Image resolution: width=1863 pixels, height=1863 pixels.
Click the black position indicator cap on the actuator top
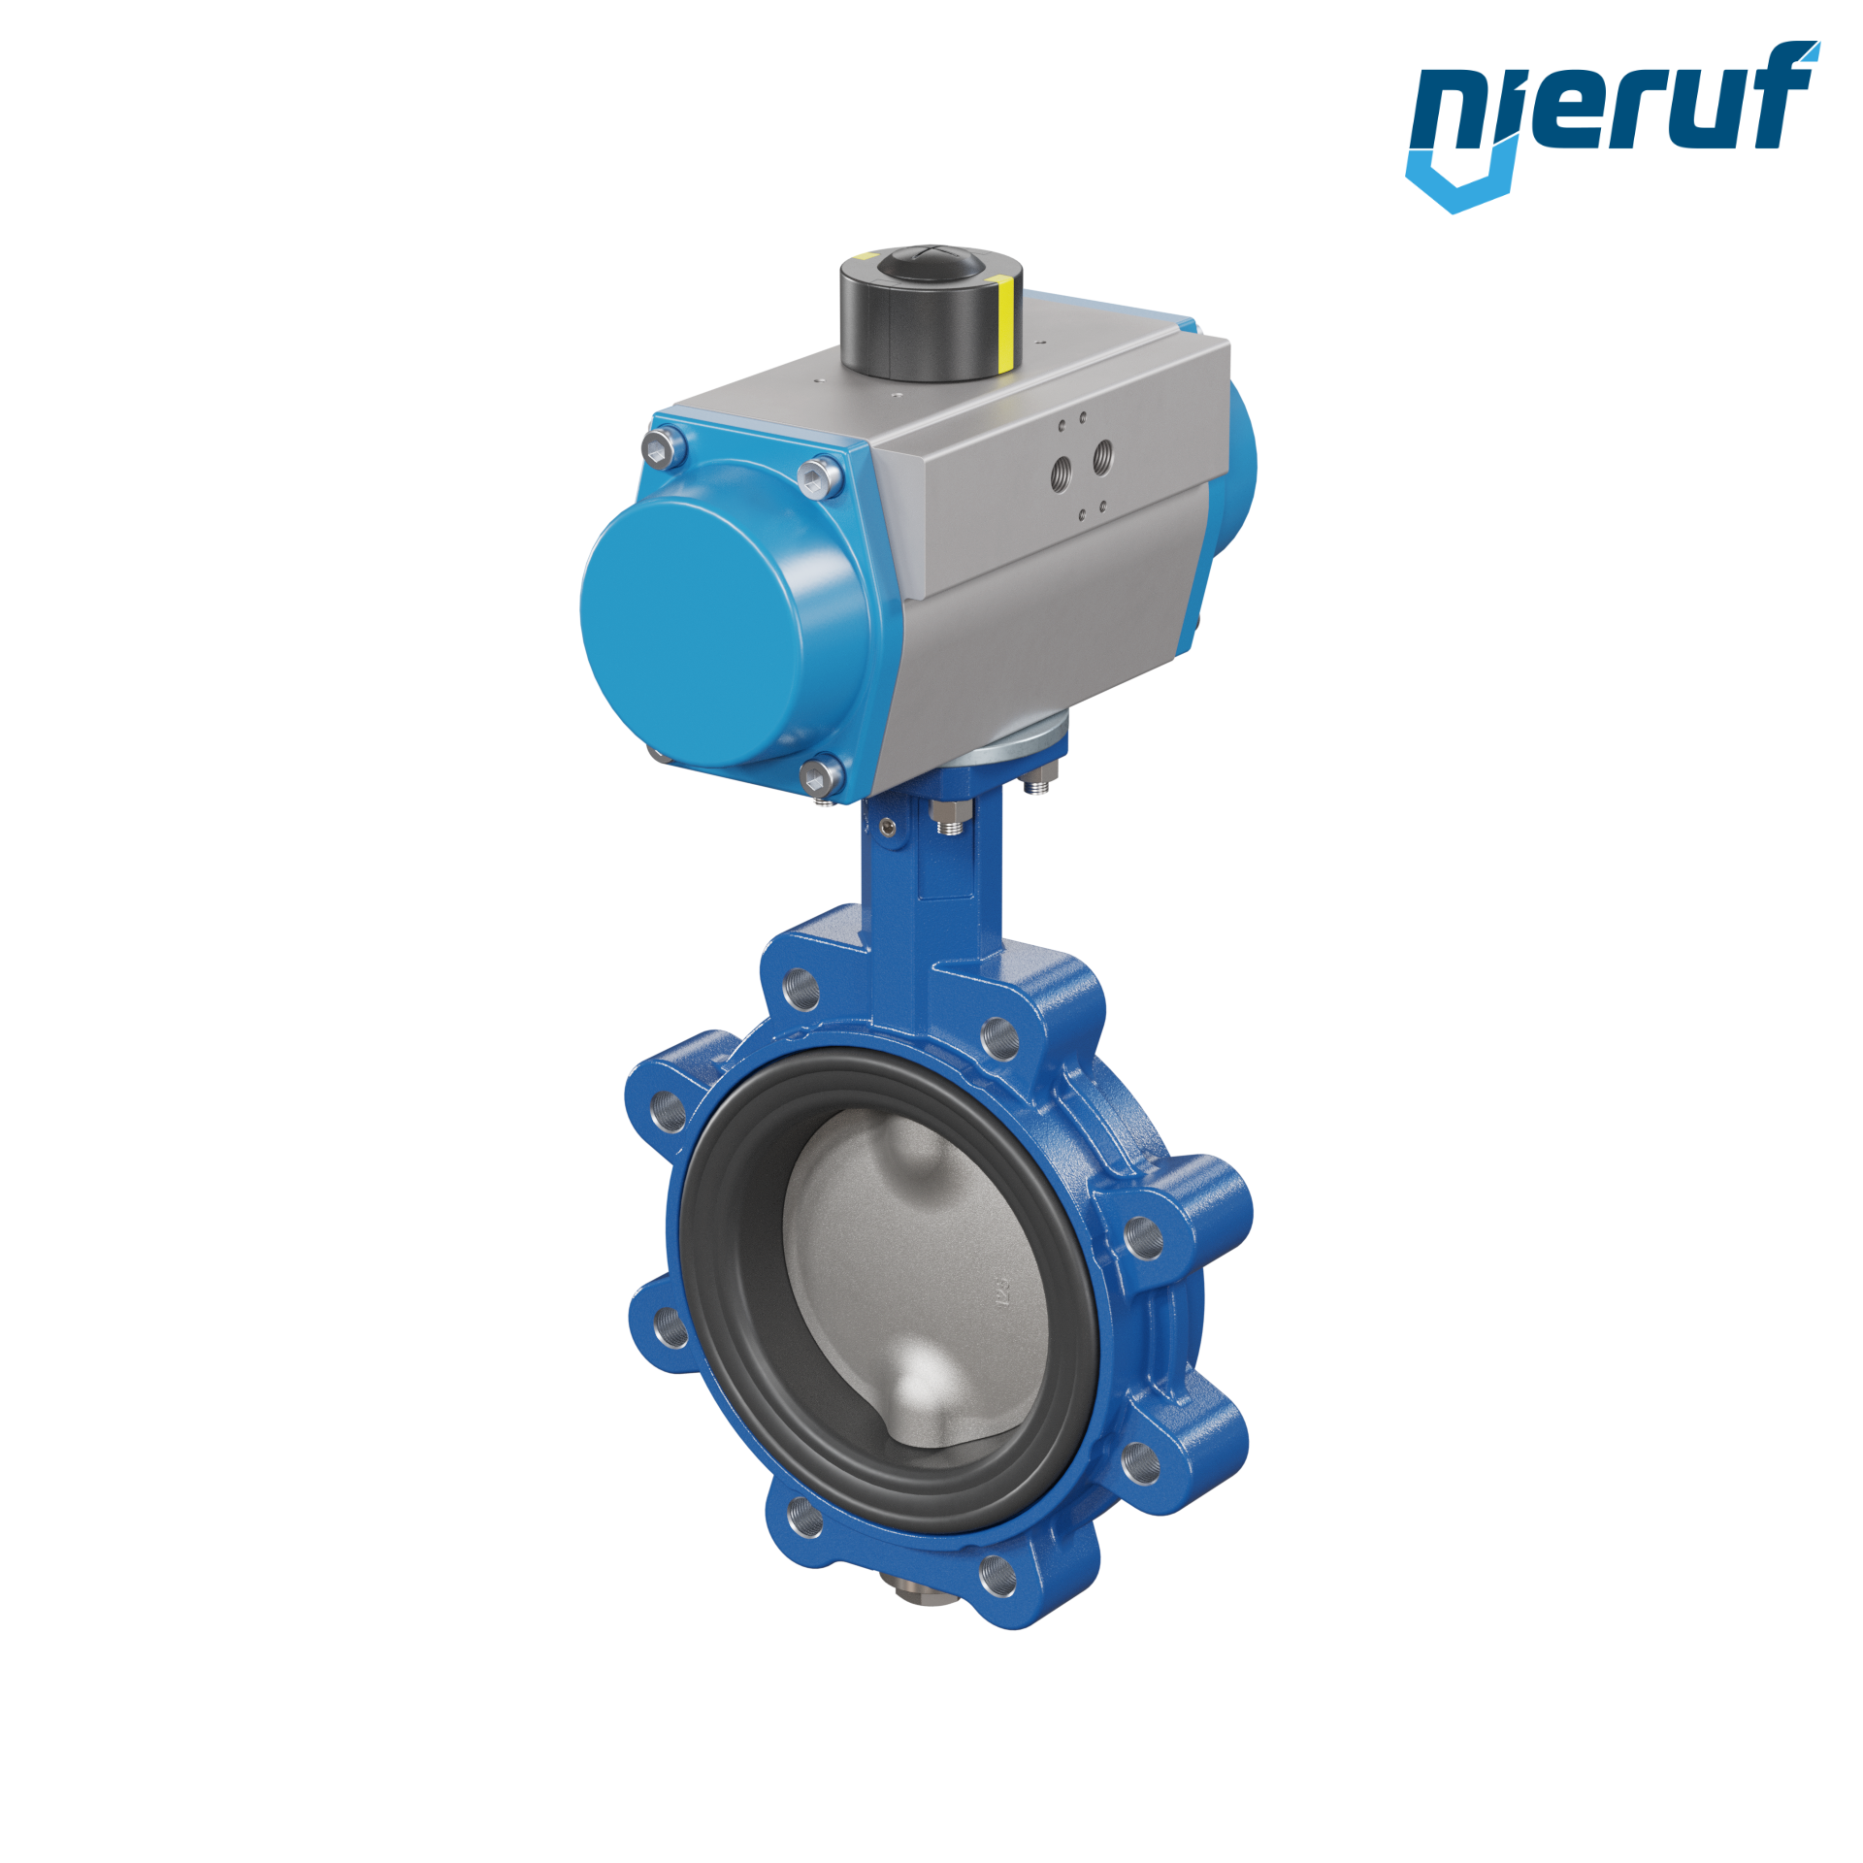(931, 312)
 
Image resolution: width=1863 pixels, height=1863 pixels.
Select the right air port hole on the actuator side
(1103, 456)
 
